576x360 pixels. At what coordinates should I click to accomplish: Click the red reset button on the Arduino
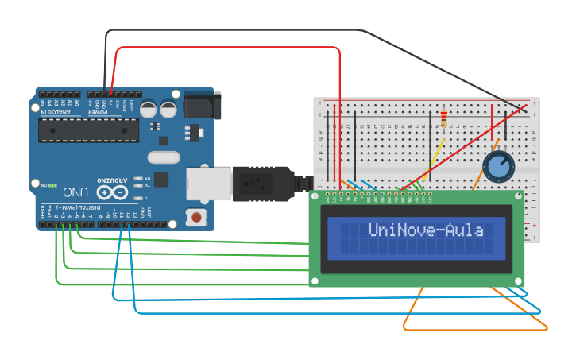pyautogui.click(x=195, y=216)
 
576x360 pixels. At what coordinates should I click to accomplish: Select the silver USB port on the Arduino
pyautogui.click(x=208, y=183)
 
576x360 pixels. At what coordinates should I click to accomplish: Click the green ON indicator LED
pyautogui.click(x=52, y=185)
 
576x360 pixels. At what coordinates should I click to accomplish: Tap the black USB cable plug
pyautogui.click(x=262, y=183)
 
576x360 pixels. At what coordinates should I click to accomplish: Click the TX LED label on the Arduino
pyautogui.click(x=147, y=187)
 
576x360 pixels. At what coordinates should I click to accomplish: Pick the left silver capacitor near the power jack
pyautogui.click(x=149, y=109)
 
